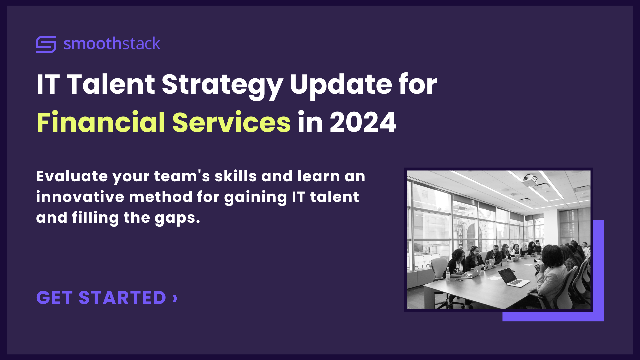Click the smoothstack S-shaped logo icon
pyautogui.click(x=46, y=44)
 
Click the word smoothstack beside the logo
pyautogui.click(x=112, y=44)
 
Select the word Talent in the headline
pyautogui.click(x=111, y=84)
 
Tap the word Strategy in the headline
pyautogui.click(x=222, y=85)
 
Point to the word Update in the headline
pyautogui.click(x=341, y=85)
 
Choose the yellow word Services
pyautogui.click(x=231, y=122)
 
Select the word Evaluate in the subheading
pyautogui.click(x=72, y=176)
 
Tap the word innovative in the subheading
pyautogui.click(x=80, y=197)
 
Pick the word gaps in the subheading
pyautogui.click(x=177, y=218)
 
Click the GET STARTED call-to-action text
pyautogui.click(x=101, y=298)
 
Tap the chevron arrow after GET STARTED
pyautogui.click(x=175, y=298)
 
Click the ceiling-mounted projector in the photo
pyautogui.click(x=529, y=180)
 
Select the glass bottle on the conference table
pyautogui.click(x=448, y=273)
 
